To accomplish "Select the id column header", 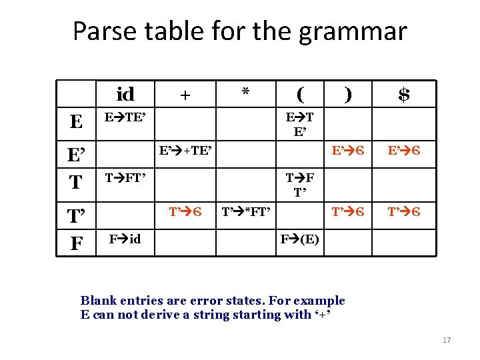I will pos(125,94).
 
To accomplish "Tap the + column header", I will pos(185,95).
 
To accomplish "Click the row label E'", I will pos(77,155).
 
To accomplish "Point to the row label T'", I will pos(77,215).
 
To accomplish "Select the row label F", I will pos(77,243).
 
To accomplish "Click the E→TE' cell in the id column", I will pos(125,117).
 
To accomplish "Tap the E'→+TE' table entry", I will pos(185,151).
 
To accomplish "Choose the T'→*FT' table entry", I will pos(245,213).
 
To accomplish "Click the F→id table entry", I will pos(125,239).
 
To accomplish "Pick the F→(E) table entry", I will pos(299,239).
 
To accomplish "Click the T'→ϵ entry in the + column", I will pos(185,213).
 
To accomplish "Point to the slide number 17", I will pos(447,341).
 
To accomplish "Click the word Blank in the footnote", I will pos(97,301).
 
